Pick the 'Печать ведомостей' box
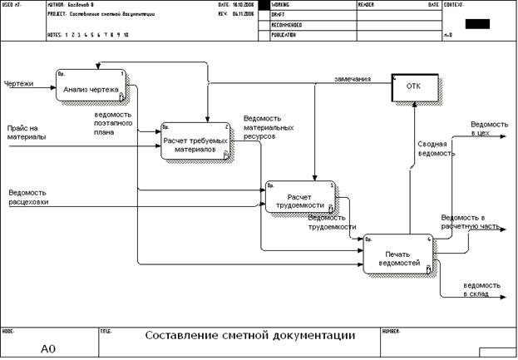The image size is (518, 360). (x=397, y=254)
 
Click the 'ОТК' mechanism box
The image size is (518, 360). (x=413, y=86)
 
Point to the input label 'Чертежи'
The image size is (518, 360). (x=19, y=84)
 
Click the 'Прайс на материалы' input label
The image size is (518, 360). (x=27, y=132)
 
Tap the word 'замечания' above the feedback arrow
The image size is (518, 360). (x=353, y=78)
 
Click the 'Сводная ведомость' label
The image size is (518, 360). (x=437, y=147)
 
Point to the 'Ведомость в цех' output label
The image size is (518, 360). (x=486, y=128)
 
